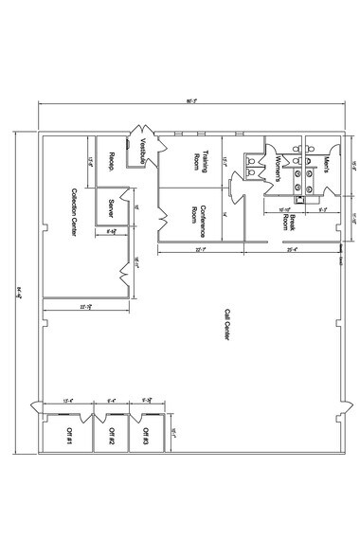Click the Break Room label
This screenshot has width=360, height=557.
[286, 224]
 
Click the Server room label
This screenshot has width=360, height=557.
[111, 207]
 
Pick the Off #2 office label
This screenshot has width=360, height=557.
[111, 436]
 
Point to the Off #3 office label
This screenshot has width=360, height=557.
[146, 436]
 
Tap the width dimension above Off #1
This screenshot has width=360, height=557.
[67, 400]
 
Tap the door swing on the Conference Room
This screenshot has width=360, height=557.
[234, 193]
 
